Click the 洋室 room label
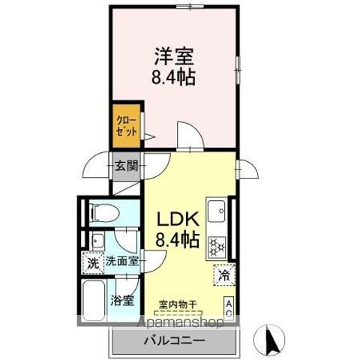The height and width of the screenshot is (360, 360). point(175,55)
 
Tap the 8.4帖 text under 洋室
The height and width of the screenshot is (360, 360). point(175,76)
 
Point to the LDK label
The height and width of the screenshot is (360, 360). point(177,219)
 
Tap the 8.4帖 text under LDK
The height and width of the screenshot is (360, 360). point(178,240)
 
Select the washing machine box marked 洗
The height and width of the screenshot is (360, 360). point(92,263)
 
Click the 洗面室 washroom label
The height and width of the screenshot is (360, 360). point(121,262)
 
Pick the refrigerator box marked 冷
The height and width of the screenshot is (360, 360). point(223,274)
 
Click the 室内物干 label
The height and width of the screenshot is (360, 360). point(177,304)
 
